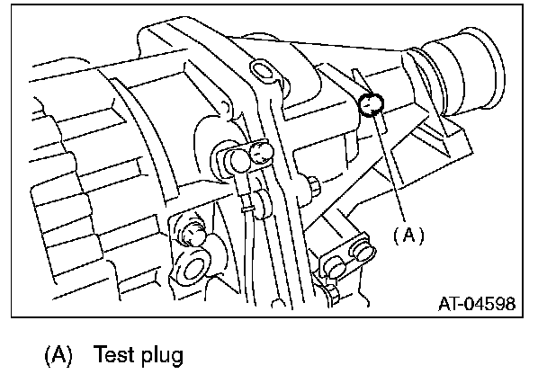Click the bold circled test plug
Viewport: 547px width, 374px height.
(x=370, y=105)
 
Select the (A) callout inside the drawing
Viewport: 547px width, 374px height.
(x=407, y=235)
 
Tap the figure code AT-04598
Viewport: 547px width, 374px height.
(x=477, y=304)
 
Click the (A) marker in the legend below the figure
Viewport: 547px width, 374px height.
(x=59, y=354)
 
